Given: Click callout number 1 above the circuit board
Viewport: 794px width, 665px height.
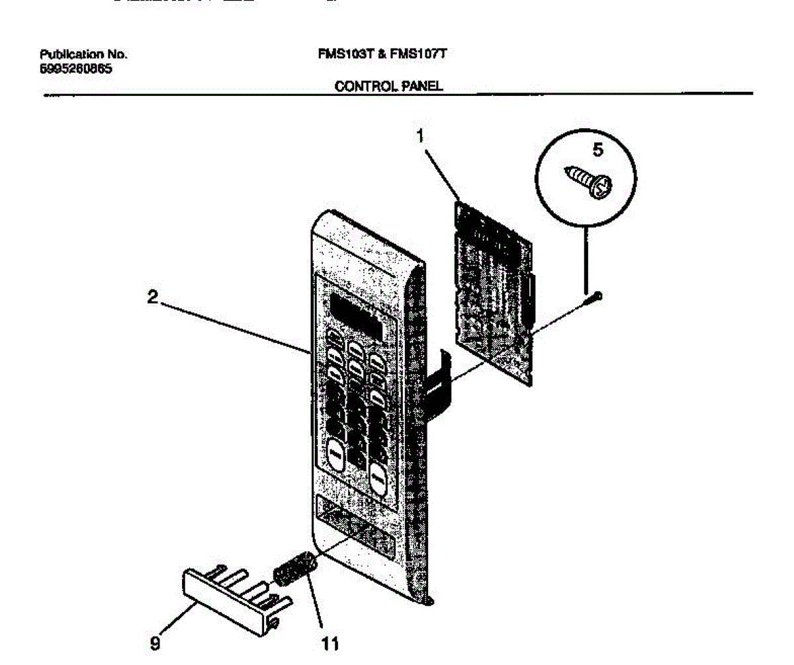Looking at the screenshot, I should click(x=419, y=137).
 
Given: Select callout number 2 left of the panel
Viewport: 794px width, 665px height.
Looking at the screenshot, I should click(x=153, y=298).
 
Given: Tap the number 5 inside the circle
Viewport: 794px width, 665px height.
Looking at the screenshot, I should click(x=597, y=151).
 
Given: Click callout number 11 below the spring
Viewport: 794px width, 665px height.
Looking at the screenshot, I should click(x=330, y=643).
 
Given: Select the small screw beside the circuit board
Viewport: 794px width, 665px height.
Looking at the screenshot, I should click(x=596, y=297).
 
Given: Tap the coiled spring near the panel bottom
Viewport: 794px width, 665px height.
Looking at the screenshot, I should click(x=290, y=568).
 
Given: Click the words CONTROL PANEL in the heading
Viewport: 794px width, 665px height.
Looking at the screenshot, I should click(x=388, y=86).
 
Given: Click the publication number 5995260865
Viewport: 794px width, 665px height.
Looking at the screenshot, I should click(x=75, y=67).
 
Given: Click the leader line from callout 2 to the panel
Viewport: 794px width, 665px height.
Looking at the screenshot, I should click(x=232, y=325).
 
